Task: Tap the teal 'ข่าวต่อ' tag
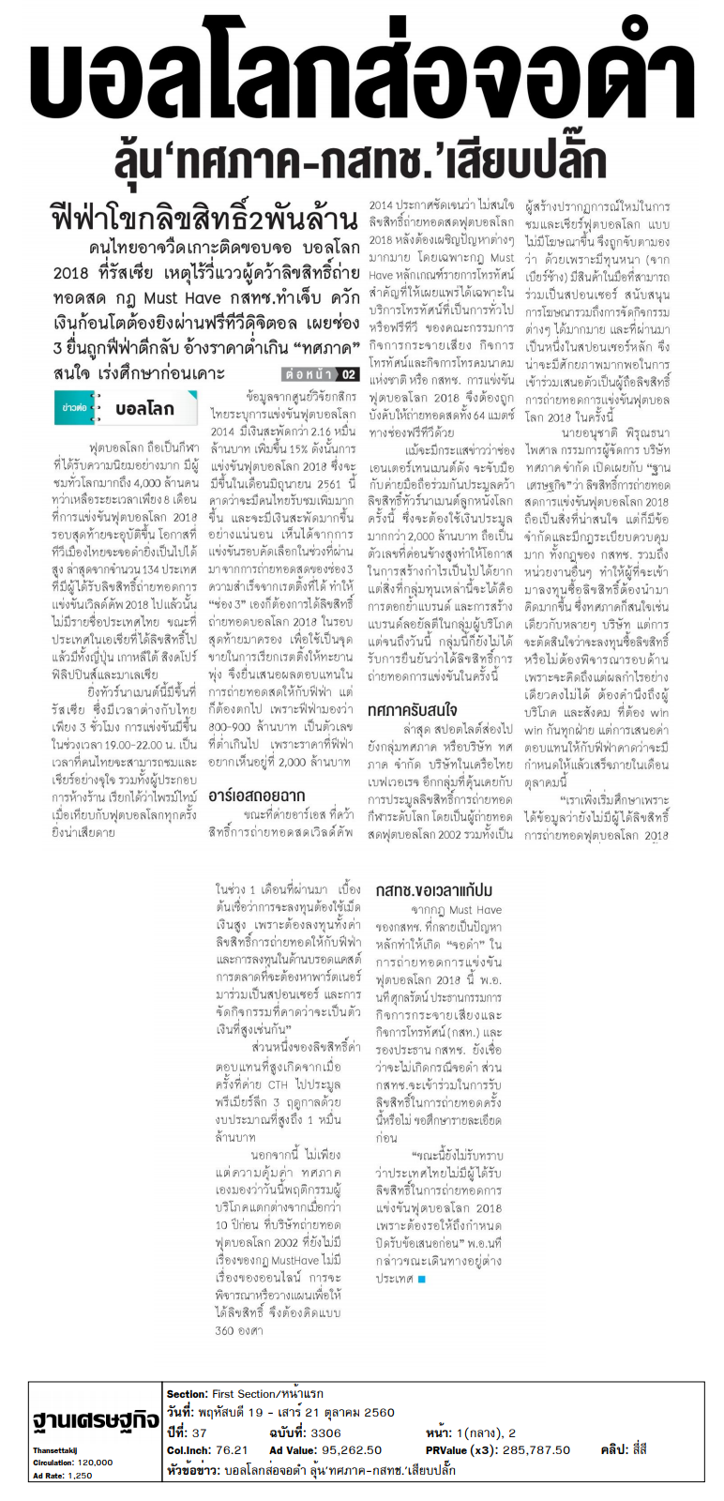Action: (74, 408)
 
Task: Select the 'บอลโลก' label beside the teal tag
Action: (144, 409)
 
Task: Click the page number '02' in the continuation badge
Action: (347, 374)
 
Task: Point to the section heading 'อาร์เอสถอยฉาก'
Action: (256, 796)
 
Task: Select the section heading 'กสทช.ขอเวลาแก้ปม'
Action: (434, 889)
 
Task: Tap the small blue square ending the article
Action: (422, 1279)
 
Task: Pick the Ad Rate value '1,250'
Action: (81, 1476)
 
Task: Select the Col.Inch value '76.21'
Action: (232, 1449)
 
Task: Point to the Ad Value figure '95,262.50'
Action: (353, 1449)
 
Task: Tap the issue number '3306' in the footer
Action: (325, 1433)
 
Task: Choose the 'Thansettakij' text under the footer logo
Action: (55, 1450)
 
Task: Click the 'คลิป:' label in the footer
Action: (614, 1449)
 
